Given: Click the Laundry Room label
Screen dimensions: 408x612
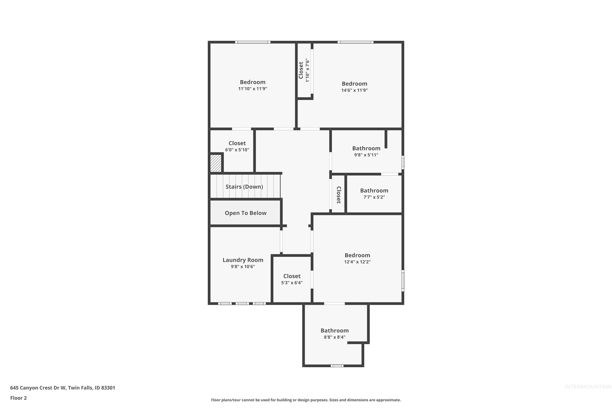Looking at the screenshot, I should [243, 260].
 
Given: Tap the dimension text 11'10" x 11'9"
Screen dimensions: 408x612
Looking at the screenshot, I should [252, 89].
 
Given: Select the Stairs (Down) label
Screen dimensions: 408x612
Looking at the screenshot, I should [244, 187].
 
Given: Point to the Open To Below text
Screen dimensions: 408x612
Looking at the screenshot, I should [245, 213].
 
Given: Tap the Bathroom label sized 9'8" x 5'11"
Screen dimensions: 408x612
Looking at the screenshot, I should [366, 148].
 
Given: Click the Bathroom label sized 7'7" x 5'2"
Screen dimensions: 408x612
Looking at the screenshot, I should [374, 191].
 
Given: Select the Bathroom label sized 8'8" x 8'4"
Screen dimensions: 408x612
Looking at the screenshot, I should [334, 330].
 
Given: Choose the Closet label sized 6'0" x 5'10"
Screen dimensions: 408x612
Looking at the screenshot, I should [237, 143].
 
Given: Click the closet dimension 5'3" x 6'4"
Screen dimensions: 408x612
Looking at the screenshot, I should [292, 283].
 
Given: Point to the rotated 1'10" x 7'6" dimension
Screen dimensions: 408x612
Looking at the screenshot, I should [307, 71].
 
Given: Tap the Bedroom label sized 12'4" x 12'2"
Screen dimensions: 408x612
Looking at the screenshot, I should [357, 255].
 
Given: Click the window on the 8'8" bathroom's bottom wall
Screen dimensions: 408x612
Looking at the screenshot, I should [337, 366].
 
